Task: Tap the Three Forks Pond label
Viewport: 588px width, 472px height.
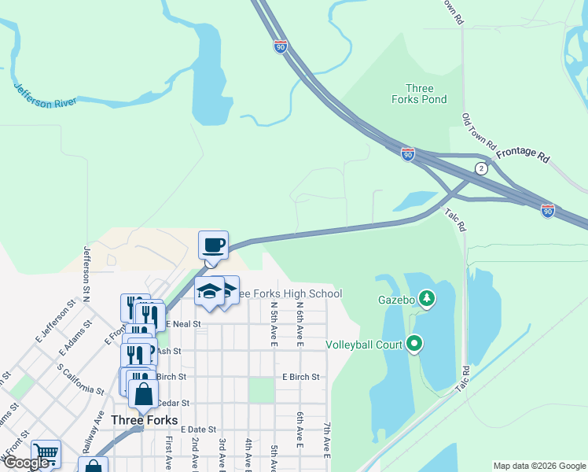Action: (419, 94)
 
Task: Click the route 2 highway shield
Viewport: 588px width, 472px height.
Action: (480, 169)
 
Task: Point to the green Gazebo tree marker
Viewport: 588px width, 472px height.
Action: (427, 298)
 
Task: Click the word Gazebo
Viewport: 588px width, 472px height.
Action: (395, 299)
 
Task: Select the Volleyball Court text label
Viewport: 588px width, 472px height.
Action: (364, 345)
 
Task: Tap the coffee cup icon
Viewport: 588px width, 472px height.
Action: (213, 245)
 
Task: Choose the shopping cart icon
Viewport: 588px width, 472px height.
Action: (46, 453)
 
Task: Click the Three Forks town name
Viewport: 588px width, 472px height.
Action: (144, 420)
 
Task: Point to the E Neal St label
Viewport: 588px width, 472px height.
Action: (182, 323)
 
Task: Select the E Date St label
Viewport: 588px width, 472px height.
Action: (198, 430)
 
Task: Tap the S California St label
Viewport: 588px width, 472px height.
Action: (82, 379)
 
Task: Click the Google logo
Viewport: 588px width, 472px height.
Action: (26, 463)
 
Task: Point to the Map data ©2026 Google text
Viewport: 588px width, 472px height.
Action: (539, 466)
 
